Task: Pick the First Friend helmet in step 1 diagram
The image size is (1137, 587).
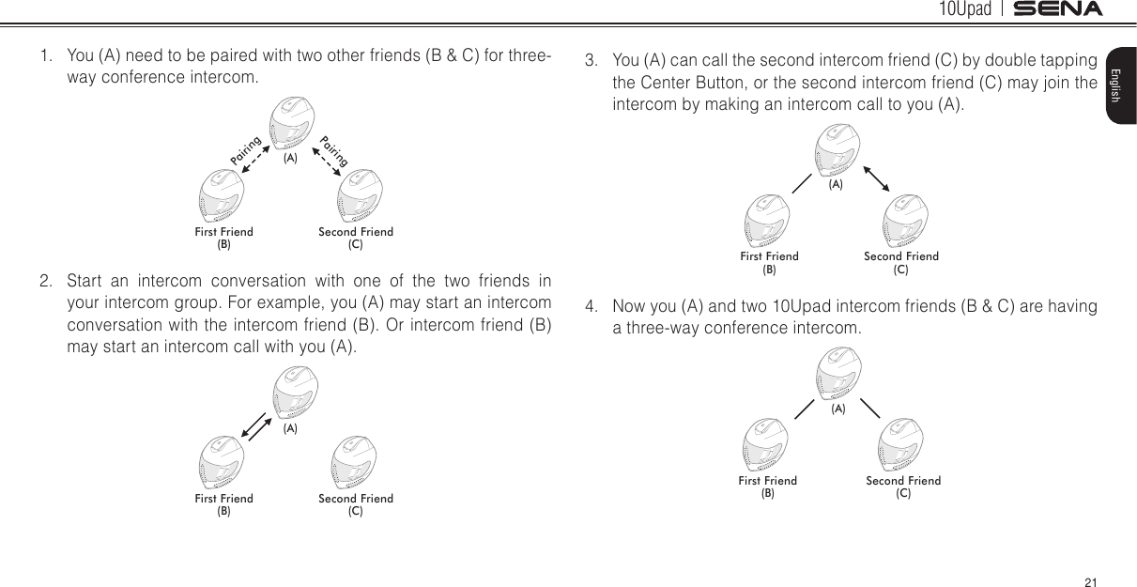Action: [x=223, y=196]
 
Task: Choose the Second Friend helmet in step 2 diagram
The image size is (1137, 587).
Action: [x=356, y=465]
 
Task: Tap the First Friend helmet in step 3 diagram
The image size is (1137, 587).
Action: [x=768, y=221]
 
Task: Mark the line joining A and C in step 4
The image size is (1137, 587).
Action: [x=869, y=409]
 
